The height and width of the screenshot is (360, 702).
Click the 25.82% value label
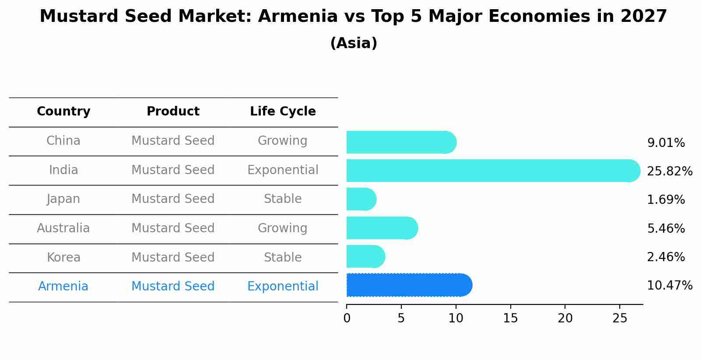click(x=669, y=171)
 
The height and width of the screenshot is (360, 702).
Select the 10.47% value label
click(x=669, y=286)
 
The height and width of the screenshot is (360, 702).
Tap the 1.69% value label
click(x=666, y=200)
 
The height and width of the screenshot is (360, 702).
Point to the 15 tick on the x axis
click(x=510, y=318)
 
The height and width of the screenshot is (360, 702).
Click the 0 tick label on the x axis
click(x=347, y=318)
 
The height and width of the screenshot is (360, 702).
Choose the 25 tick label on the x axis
click(x=620, y=318)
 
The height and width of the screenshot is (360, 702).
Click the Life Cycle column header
click(x=283, y=112)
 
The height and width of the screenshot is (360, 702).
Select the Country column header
click(x=63, y=112)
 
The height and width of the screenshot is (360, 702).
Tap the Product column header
click(x=173, y=112)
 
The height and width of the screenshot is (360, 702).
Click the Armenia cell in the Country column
click(x=63, y=287)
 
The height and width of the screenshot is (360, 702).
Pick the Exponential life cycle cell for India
click(x=283, y=170)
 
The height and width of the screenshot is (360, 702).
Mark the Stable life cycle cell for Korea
click(x=283, y=258)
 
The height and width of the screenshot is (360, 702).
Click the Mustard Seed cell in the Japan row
click(x=173, y=199)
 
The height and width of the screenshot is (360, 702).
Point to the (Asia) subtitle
click(x=354, y=43)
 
